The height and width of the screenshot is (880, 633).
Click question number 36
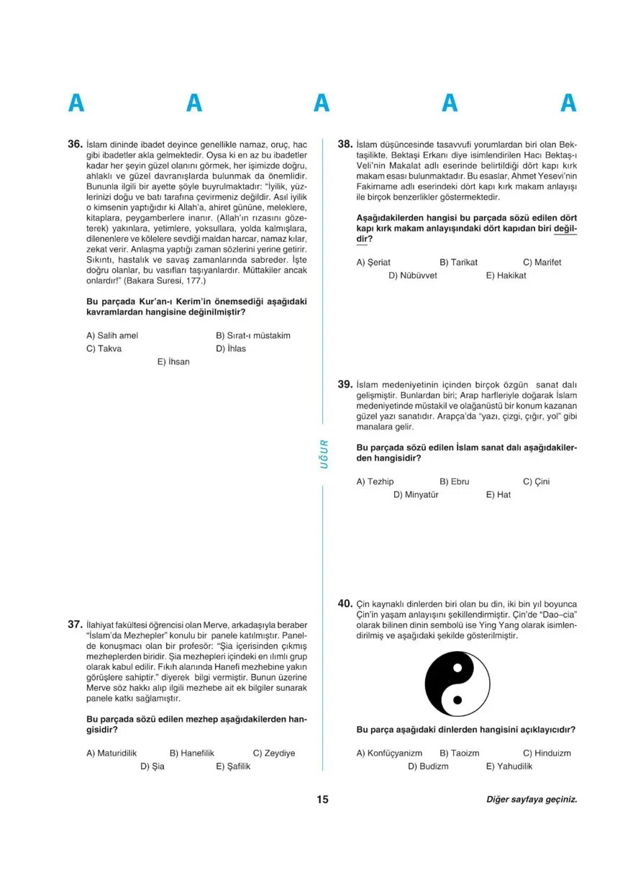pyautogui.click(x=75, y=144)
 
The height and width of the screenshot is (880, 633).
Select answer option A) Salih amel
pyautogui.click(x=111, y=335)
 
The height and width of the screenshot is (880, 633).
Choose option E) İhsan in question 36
pyautogui.click(x=173, y=362)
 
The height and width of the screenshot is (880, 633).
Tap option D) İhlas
pyautogui.click(x=231, y=348)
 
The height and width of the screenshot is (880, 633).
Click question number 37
pyautogui.click(x=75, y=625)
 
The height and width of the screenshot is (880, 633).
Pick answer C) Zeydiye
pyautogui.click(x=274, y=753)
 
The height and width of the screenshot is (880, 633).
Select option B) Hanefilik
pyautogui.click(x=192, y=753)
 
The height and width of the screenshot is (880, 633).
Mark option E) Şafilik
pyautogui.click(x=233, y=766)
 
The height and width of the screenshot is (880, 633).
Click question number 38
pyautogui.click(x=345, y=144)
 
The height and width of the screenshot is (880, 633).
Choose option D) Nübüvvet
pyautogui.click(x=413, y=275)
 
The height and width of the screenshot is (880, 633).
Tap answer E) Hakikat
pyautogui.click(x=506, y=275)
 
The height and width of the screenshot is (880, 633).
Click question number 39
pyautogui.click(x=345, y=384)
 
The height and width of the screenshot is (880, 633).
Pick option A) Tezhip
pyautogui.click(x=375, y=481)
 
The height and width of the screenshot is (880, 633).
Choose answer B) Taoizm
pyautogui.click(x=459, y=753)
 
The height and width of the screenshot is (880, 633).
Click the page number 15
pyautogui.click(x=322, y=799)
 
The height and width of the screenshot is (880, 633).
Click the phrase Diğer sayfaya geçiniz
pyautogui.click(x=532, y=799)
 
